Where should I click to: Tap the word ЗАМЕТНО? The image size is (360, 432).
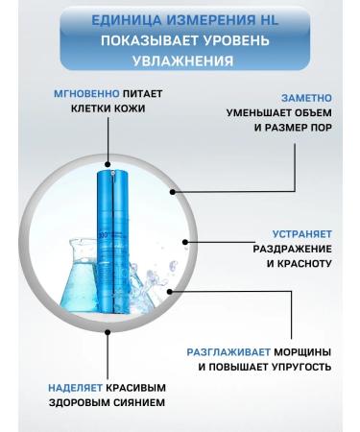tap(304, 97)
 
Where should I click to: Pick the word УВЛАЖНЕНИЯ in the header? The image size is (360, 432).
tap(180, 60)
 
